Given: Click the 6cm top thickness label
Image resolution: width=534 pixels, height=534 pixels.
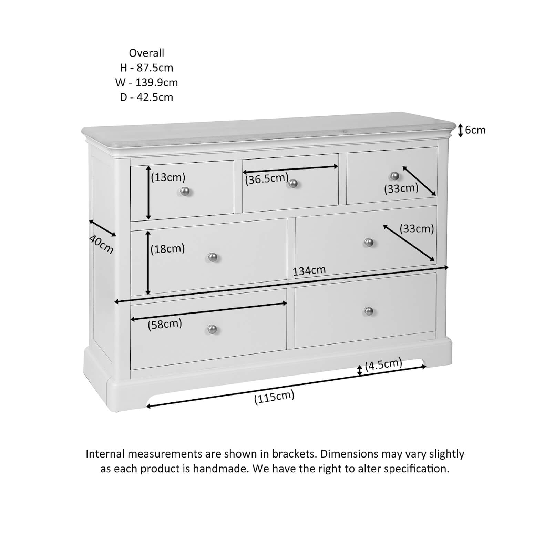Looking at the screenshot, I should (x=475, y=130).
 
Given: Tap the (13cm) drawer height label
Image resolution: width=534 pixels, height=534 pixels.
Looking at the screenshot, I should (x=168, y=177).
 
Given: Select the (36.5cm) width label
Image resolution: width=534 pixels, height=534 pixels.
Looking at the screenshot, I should (x=267, y=178).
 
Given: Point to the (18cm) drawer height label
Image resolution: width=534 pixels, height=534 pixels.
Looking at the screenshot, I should (x=168, y=249).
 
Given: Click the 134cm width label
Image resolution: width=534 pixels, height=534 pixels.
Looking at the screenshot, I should (x=309, y=271).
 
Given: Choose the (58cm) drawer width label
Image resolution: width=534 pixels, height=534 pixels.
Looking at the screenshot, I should (x=165, y=324).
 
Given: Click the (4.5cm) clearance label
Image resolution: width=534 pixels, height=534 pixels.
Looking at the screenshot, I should (x=383, y=364).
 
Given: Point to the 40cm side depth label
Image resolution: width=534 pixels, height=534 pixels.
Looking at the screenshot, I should (x=101, y=244).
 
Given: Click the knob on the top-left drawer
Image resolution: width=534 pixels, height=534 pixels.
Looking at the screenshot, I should (x=185, y=191).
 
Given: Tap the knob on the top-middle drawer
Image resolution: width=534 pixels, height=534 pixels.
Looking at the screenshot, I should (x=293, y=183).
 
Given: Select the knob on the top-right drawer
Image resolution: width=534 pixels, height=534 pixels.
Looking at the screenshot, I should (x=394, y=176).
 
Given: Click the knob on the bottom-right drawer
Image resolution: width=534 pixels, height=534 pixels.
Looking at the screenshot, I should (x=369, y=311).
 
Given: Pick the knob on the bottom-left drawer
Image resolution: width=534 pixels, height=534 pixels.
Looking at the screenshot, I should (x=212, y=329).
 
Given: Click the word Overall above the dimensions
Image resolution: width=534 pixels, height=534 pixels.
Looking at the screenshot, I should (x=146, y=53).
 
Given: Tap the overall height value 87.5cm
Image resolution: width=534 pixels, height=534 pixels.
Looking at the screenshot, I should (x=155, y=68).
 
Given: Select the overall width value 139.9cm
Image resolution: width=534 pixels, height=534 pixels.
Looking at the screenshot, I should (x=156, y=83).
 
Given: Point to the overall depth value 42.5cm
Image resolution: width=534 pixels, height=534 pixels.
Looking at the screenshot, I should (x=155, y=97).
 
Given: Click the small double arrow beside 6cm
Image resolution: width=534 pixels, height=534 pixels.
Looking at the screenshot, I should (x=460, y=131).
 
